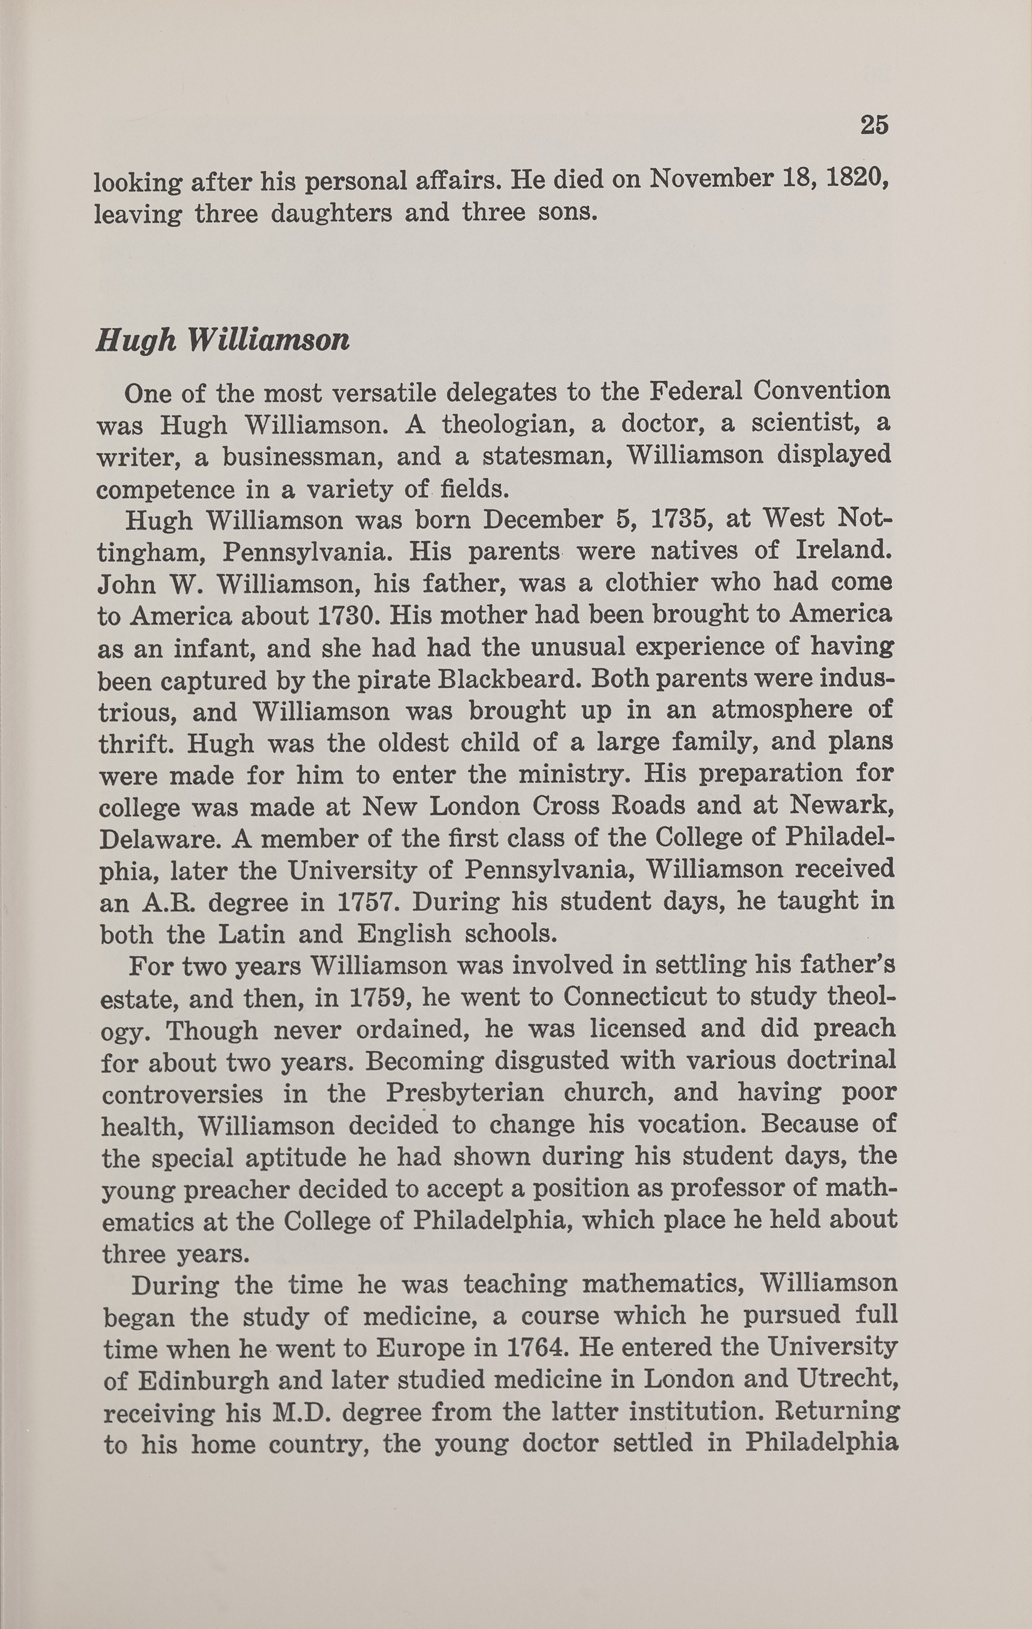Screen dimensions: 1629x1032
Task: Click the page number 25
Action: click(874, 125)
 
